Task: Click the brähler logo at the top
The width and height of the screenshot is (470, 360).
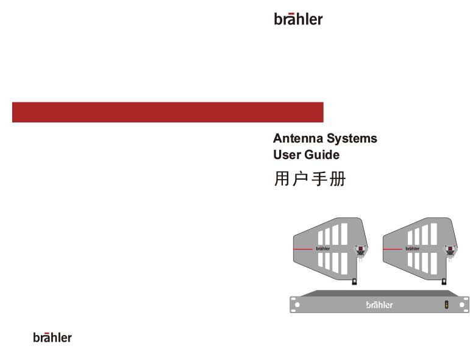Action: point(298,19)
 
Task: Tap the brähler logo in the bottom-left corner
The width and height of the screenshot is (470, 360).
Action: point(52,337)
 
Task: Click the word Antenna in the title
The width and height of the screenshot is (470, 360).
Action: point(298,138)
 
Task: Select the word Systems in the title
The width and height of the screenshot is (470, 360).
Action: point(352,139)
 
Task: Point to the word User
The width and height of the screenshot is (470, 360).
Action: point(287,155)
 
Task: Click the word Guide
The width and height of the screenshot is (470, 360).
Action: point(322,155)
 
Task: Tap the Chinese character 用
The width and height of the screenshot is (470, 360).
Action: point(282,179)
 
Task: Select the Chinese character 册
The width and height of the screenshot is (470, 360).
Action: point(338,179)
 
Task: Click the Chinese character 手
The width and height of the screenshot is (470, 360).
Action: point(319,179)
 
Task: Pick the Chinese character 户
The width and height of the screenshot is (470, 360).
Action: point(300,179)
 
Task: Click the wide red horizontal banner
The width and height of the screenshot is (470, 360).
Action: point(168,112)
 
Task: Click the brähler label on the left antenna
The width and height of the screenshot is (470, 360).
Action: point(323,249)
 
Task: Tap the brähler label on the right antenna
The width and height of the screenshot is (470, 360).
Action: point(413,249)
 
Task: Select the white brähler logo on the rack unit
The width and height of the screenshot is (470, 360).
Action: point(380,305)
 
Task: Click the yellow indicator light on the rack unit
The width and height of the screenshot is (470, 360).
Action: point(446,305)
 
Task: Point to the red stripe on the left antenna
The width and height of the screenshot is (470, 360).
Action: point(303,249)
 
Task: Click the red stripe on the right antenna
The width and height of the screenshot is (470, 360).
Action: point(393,249)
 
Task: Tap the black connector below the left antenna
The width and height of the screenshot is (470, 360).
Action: point(354,281)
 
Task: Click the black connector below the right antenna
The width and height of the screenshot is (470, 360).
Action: point(444,281)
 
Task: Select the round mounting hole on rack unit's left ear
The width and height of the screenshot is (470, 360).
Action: point(297,305)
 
